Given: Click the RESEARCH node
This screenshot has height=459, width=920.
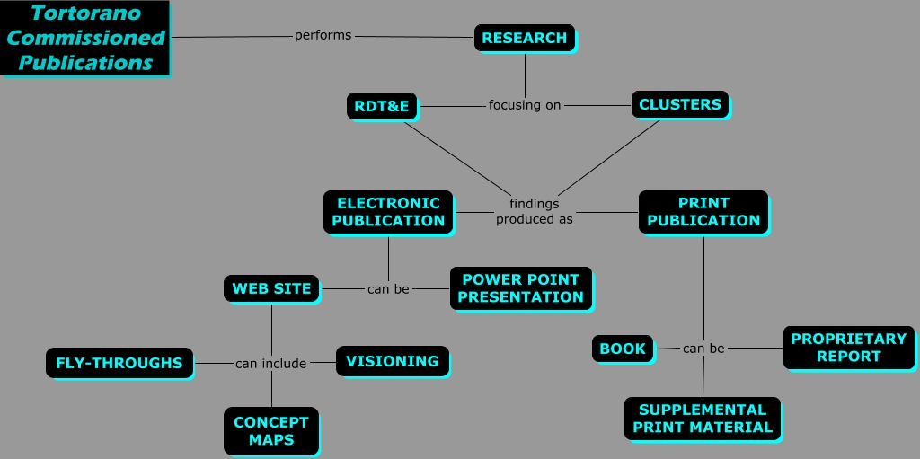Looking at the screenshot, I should [x=524, y=38].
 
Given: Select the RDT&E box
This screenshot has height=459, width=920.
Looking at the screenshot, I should [x=382, y=107].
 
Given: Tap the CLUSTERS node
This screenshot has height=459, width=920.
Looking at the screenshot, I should [x=679, y=105].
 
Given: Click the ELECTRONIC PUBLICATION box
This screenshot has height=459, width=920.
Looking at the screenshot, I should [x=388, y=212].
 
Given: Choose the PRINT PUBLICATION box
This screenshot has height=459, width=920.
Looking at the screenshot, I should [x=703, y=212].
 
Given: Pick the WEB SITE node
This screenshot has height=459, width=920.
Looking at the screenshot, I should [x=271, y=288].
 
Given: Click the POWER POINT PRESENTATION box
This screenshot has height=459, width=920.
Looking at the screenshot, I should [x=520, y=288].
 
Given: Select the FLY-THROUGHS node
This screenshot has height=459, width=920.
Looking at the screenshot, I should [x=119, y=363].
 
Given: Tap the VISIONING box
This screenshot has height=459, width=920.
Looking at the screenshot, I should [x=392, y=361].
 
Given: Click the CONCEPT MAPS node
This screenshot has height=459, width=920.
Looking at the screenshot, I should [x=270, y=431].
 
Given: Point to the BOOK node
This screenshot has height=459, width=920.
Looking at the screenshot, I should [x=623, y=349].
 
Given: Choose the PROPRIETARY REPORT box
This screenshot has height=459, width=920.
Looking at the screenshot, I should [x=848, y=348].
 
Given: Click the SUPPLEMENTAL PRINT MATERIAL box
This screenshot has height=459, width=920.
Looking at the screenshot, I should [x=703, y=419].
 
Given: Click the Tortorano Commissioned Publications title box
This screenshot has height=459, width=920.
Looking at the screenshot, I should [x=85, y=39].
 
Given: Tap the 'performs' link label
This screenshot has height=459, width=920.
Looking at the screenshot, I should [x=323, y=36].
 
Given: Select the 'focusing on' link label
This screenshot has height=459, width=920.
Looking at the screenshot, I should [x=525, y=105].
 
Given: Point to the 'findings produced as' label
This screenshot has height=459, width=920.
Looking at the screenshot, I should [x=534, y=211].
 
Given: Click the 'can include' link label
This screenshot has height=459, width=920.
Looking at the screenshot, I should [x=270, y=364].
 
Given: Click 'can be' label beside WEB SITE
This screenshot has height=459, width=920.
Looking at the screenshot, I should [x=388, y=289].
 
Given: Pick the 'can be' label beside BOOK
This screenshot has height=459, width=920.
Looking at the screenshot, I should [x=703, y=349].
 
